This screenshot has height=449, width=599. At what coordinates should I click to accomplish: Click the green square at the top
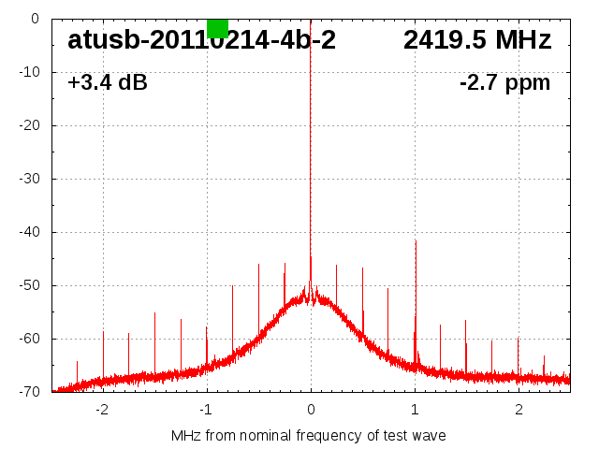(217, 28)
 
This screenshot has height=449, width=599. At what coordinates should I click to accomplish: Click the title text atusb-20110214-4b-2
(201, 40)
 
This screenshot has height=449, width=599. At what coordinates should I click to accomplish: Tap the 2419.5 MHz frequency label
(477, 40)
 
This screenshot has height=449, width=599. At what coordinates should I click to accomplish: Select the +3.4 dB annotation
(108, 83)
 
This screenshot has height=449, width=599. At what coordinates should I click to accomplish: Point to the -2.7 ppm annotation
(504, 83)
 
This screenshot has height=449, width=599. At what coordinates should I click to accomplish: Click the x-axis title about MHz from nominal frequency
(308, 435)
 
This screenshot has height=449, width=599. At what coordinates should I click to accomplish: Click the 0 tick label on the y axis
(34, 19)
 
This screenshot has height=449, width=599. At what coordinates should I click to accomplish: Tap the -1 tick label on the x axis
(205, 409)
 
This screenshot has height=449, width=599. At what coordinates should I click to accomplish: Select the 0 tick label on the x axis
(311, 409)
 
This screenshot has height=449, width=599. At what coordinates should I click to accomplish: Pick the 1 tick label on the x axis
(415, 409)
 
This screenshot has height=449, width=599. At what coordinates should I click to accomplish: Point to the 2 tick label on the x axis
(519, 409)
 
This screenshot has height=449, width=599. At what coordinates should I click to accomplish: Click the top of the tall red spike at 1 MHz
(416, 241)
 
